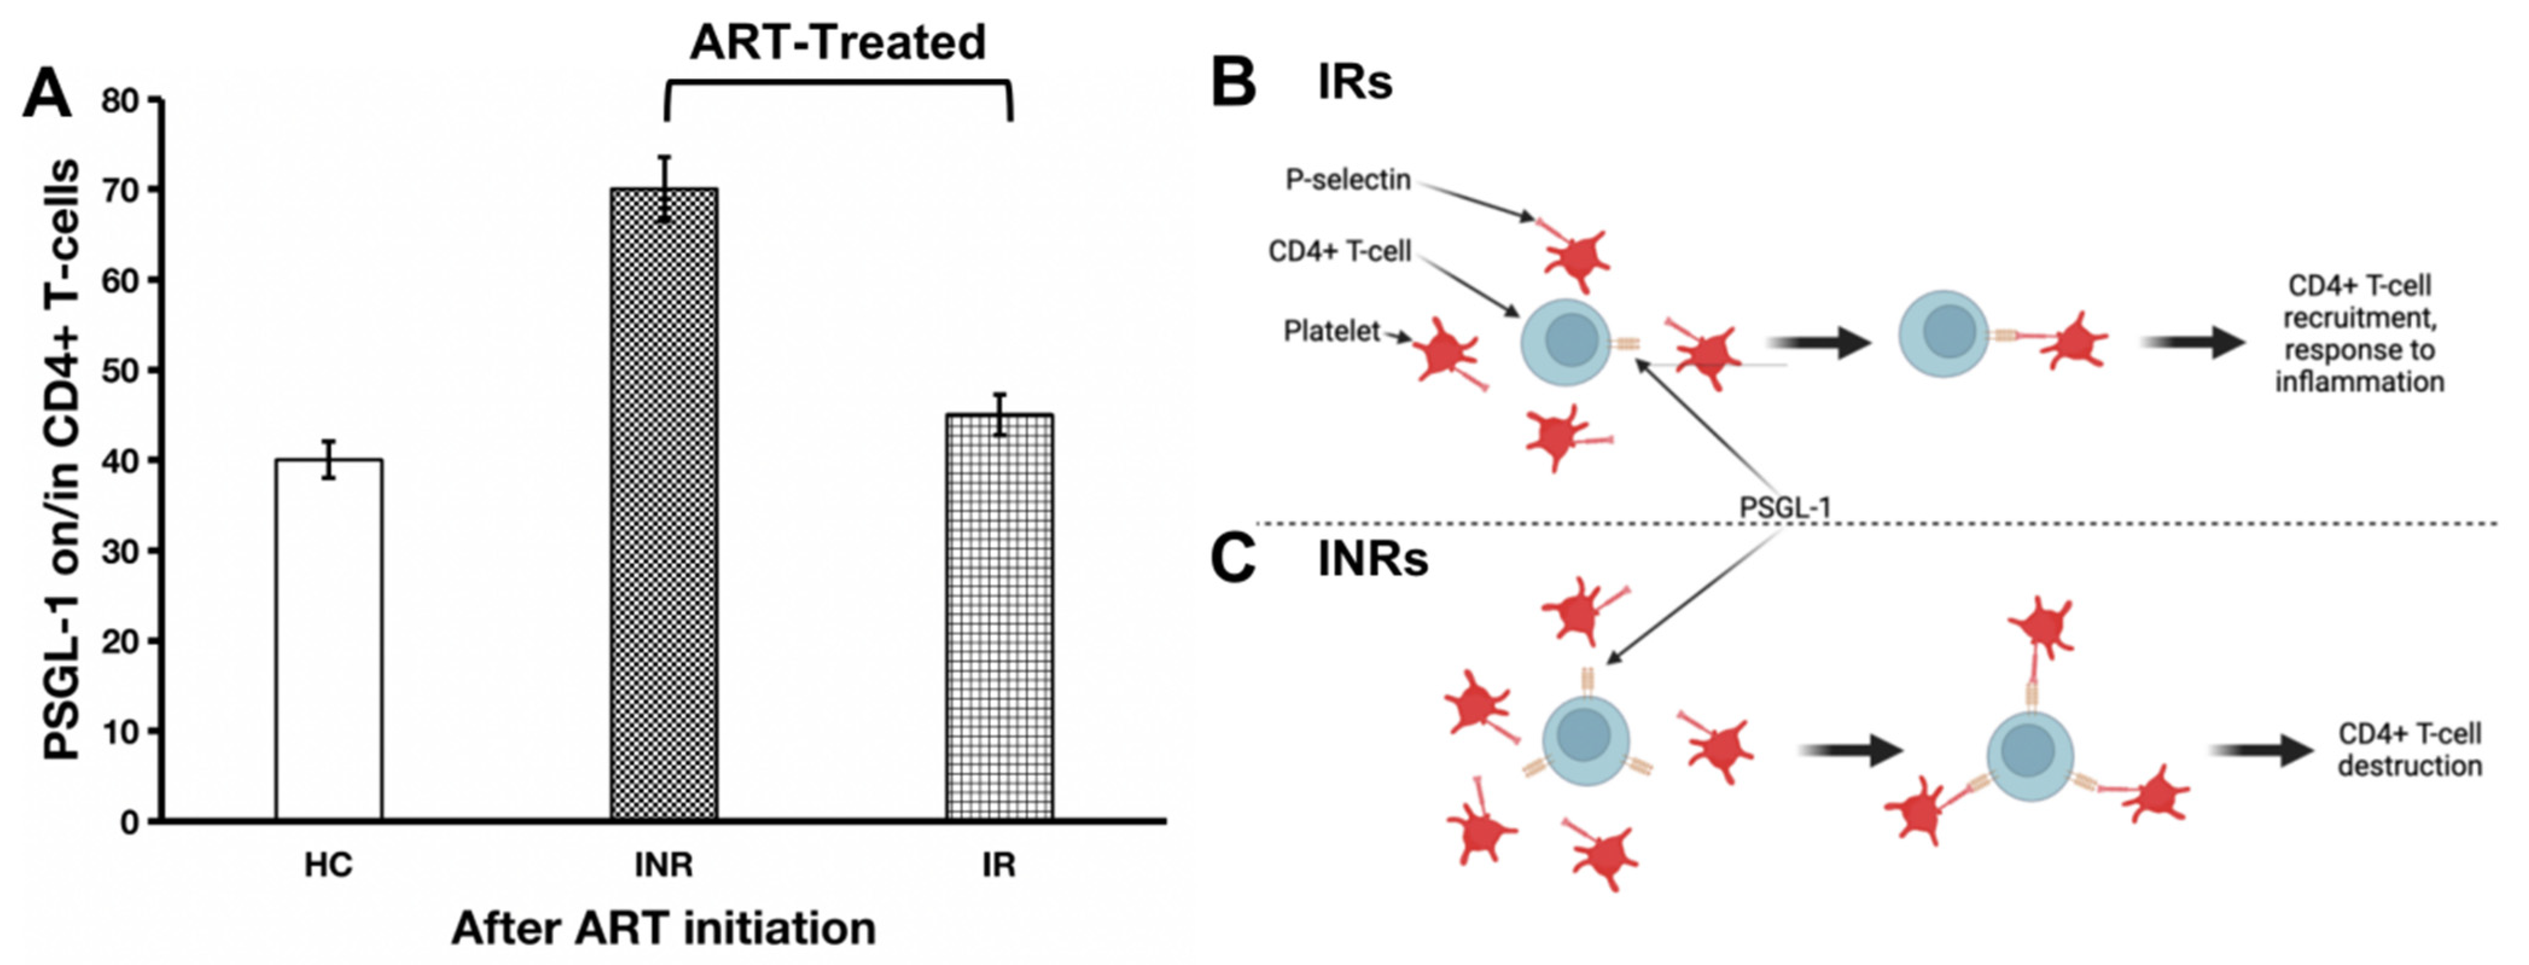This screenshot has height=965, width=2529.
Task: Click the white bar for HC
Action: pos(329,638)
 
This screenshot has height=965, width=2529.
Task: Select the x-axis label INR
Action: pos(664,865)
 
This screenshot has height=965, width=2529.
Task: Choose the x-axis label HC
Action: pos(328,865)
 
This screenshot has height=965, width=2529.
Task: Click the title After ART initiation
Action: pos(664,928)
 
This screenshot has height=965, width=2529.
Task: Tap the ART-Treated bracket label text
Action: pos(837,42)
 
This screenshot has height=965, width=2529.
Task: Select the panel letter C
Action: pos(1233,559)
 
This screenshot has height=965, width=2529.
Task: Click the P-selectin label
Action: pos(1348,180)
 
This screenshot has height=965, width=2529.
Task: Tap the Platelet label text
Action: pos(1331,332)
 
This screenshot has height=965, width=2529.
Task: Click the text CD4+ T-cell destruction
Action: pos(2409,750)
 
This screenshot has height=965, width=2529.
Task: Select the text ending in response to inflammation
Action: pos(2359,334)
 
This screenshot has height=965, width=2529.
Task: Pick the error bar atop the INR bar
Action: pos(665,188)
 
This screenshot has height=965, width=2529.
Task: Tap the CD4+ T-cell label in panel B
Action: pos(1339,251)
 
